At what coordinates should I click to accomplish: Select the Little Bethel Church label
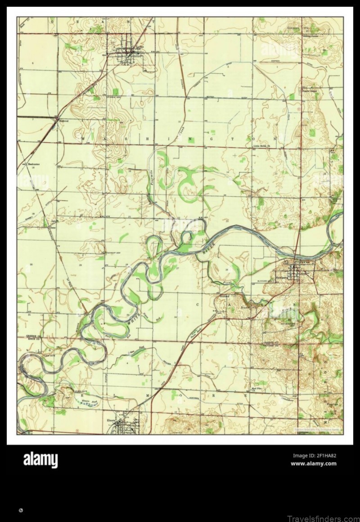click(260, 146)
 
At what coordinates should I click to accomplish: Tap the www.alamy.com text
click(314, 463)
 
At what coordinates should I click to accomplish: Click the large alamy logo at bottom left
click(40, 460)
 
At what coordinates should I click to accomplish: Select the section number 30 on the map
click(31, 264)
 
